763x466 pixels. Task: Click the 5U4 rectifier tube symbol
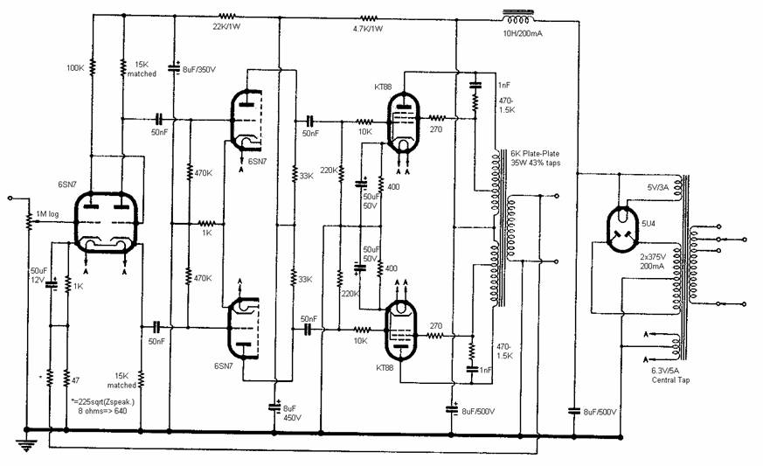[622, 229]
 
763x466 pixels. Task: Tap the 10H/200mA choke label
[522, 33]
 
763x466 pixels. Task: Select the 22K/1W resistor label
[226, 27]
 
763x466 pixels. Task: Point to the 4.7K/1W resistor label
[368, 29]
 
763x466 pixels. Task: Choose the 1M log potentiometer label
[47, 214]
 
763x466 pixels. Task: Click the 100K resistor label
[75, 68]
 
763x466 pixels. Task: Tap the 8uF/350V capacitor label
[199, 70]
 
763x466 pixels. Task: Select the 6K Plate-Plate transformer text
[535, 153]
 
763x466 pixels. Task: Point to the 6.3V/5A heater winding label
[665, 371]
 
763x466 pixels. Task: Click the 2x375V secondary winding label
[653, 257]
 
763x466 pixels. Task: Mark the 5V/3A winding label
[658, 187]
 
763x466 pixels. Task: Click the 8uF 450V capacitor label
[292, 414]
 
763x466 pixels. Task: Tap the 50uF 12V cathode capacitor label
[38, 275]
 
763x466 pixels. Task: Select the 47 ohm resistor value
[75, 380]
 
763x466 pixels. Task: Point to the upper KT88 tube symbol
[403, 123]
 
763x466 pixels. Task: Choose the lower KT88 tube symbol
[400, 330]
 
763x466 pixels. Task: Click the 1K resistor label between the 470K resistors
[207, 233]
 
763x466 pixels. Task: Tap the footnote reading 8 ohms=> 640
[102, 411]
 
